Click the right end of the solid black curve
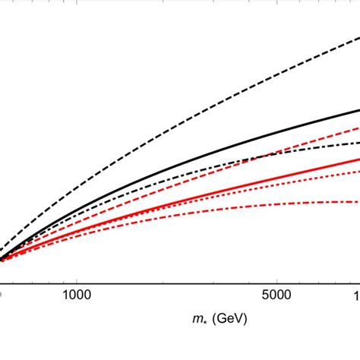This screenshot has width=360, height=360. [358, 110]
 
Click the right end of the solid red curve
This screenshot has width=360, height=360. [358, 159]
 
